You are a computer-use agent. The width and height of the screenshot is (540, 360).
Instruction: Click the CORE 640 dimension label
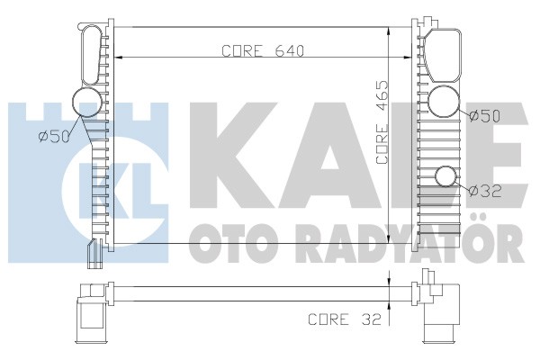[263, 51]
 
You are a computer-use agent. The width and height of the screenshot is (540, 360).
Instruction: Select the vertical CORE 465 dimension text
[382, 122]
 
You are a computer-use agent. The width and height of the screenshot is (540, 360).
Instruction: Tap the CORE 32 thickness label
[345, 319]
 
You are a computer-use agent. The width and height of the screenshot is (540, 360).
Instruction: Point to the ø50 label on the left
[54, 137]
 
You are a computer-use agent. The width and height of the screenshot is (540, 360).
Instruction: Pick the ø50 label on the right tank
[484, 116]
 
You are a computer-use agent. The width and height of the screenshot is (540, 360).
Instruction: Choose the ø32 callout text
[485, 191]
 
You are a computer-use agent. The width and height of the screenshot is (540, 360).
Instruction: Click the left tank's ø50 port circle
[87, 102]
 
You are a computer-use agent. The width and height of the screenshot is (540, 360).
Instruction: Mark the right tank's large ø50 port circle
[444, 101]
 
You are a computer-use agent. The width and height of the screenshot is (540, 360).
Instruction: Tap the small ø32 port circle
[445, 176]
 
